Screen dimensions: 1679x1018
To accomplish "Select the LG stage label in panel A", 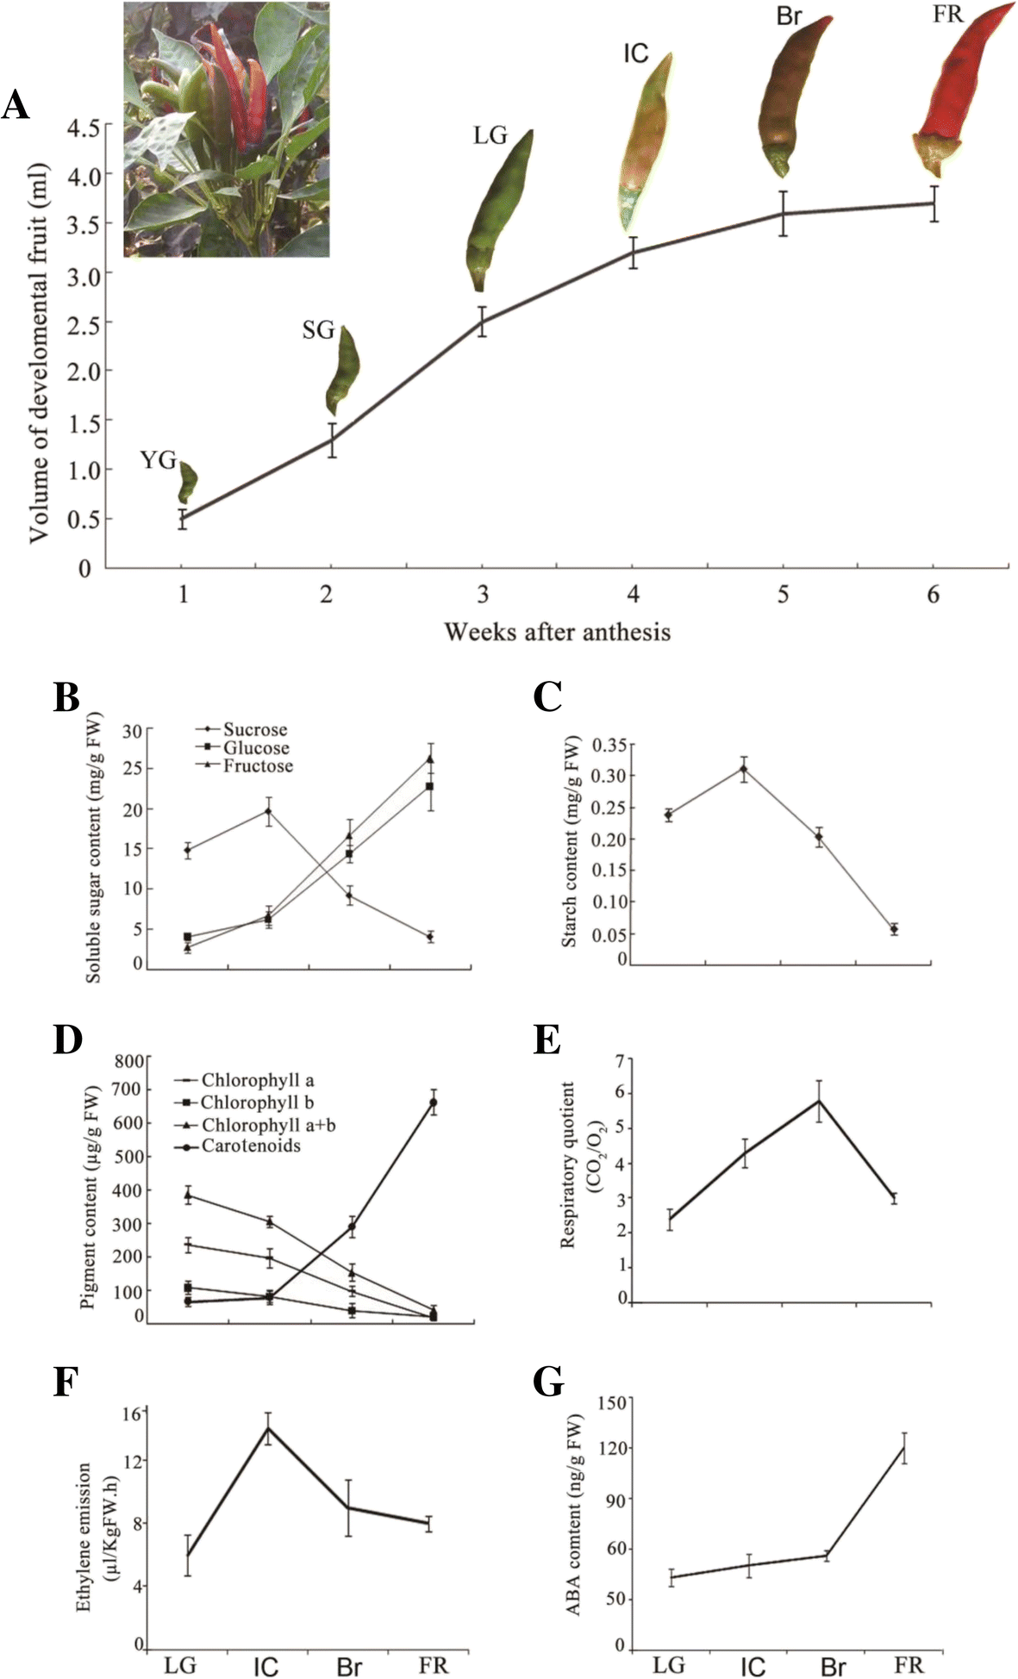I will pyautogui.click(x=490, y=136).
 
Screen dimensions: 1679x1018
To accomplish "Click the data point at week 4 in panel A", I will pyautogui.click(x=633, y=253).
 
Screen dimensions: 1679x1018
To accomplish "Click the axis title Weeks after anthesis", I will pyautogui.click(x=557, y=632).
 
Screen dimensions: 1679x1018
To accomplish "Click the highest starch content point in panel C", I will pyautogui.click(x=743, y=769).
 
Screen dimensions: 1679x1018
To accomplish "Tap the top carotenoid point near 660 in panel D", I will pyautogui.click(x=433, y=1102).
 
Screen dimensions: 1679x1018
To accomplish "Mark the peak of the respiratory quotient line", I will pyautogui.click(x=819, y=1101).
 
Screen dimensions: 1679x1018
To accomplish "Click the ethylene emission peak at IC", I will pyautogui.click(x=268, y=1428).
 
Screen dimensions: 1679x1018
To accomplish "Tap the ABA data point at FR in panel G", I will pyautogui.click(x=904, y=1449).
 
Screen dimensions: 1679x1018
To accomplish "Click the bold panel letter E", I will pyautogui.click(x=547, y=1040).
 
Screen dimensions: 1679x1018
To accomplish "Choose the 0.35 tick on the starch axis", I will pyautogui.click(x=614, y=745).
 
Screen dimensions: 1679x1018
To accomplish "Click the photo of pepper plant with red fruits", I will pyautogui.click(x=226, y=129).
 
